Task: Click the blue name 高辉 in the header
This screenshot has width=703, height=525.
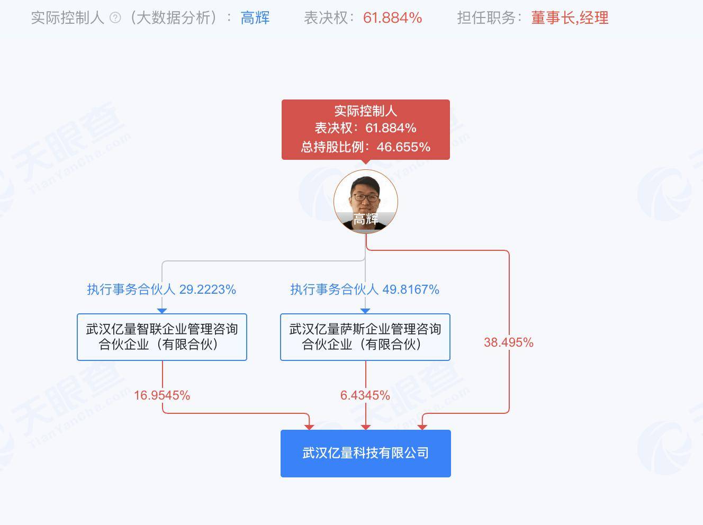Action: click(255, 18)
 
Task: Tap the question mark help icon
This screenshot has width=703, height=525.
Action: click(115, 18)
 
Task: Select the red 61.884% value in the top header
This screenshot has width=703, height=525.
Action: click(392, 18)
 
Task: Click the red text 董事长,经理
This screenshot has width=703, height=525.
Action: click(570, 18)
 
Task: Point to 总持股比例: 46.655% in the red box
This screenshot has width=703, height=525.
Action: click(365, 147)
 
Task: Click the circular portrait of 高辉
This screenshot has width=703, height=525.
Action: click(365, 201)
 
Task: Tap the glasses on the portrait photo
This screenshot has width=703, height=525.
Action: click(365, 197)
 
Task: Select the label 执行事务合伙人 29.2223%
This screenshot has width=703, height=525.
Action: click(161, 289)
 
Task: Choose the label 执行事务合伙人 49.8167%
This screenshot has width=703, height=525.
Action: click(365, 289)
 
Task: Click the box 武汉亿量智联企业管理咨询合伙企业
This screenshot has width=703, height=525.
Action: click(162, 337)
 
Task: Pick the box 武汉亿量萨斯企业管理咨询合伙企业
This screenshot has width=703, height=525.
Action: click(365, 337)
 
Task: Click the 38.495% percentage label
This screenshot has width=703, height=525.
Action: click(508, 342)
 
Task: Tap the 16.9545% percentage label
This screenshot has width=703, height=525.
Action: click(162, 395)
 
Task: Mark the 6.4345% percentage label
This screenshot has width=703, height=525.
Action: click(365, 395)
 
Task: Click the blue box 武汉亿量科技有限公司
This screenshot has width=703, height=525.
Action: click(365, 453)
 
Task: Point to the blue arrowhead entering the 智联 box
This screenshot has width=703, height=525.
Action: click(162, 311)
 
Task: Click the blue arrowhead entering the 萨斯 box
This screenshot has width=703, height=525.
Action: click(365, 311)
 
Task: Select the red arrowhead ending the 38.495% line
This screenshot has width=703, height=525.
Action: click(422, 427)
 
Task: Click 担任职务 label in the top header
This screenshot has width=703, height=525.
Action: click(486, 18)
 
